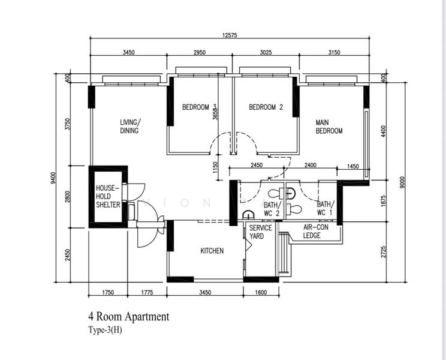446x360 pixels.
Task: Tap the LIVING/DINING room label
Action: pos(129,126)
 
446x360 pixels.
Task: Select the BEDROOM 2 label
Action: pos(266,107)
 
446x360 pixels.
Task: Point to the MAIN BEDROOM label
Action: pos(329,127)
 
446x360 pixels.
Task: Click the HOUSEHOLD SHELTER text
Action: pos(108,196)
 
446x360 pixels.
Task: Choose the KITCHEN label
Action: pos(212,251)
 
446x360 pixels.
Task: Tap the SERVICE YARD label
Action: pos(261,232)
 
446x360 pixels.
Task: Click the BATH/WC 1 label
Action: pos(325,208)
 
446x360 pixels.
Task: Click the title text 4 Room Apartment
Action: pos(128,316)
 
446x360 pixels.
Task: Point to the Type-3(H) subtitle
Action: pos(106,329)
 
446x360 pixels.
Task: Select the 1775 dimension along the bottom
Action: pos(147,292)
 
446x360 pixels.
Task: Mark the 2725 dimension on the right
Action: pos(382,253)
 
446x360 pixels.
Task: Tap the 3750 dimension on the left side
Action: pos(68,124)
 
